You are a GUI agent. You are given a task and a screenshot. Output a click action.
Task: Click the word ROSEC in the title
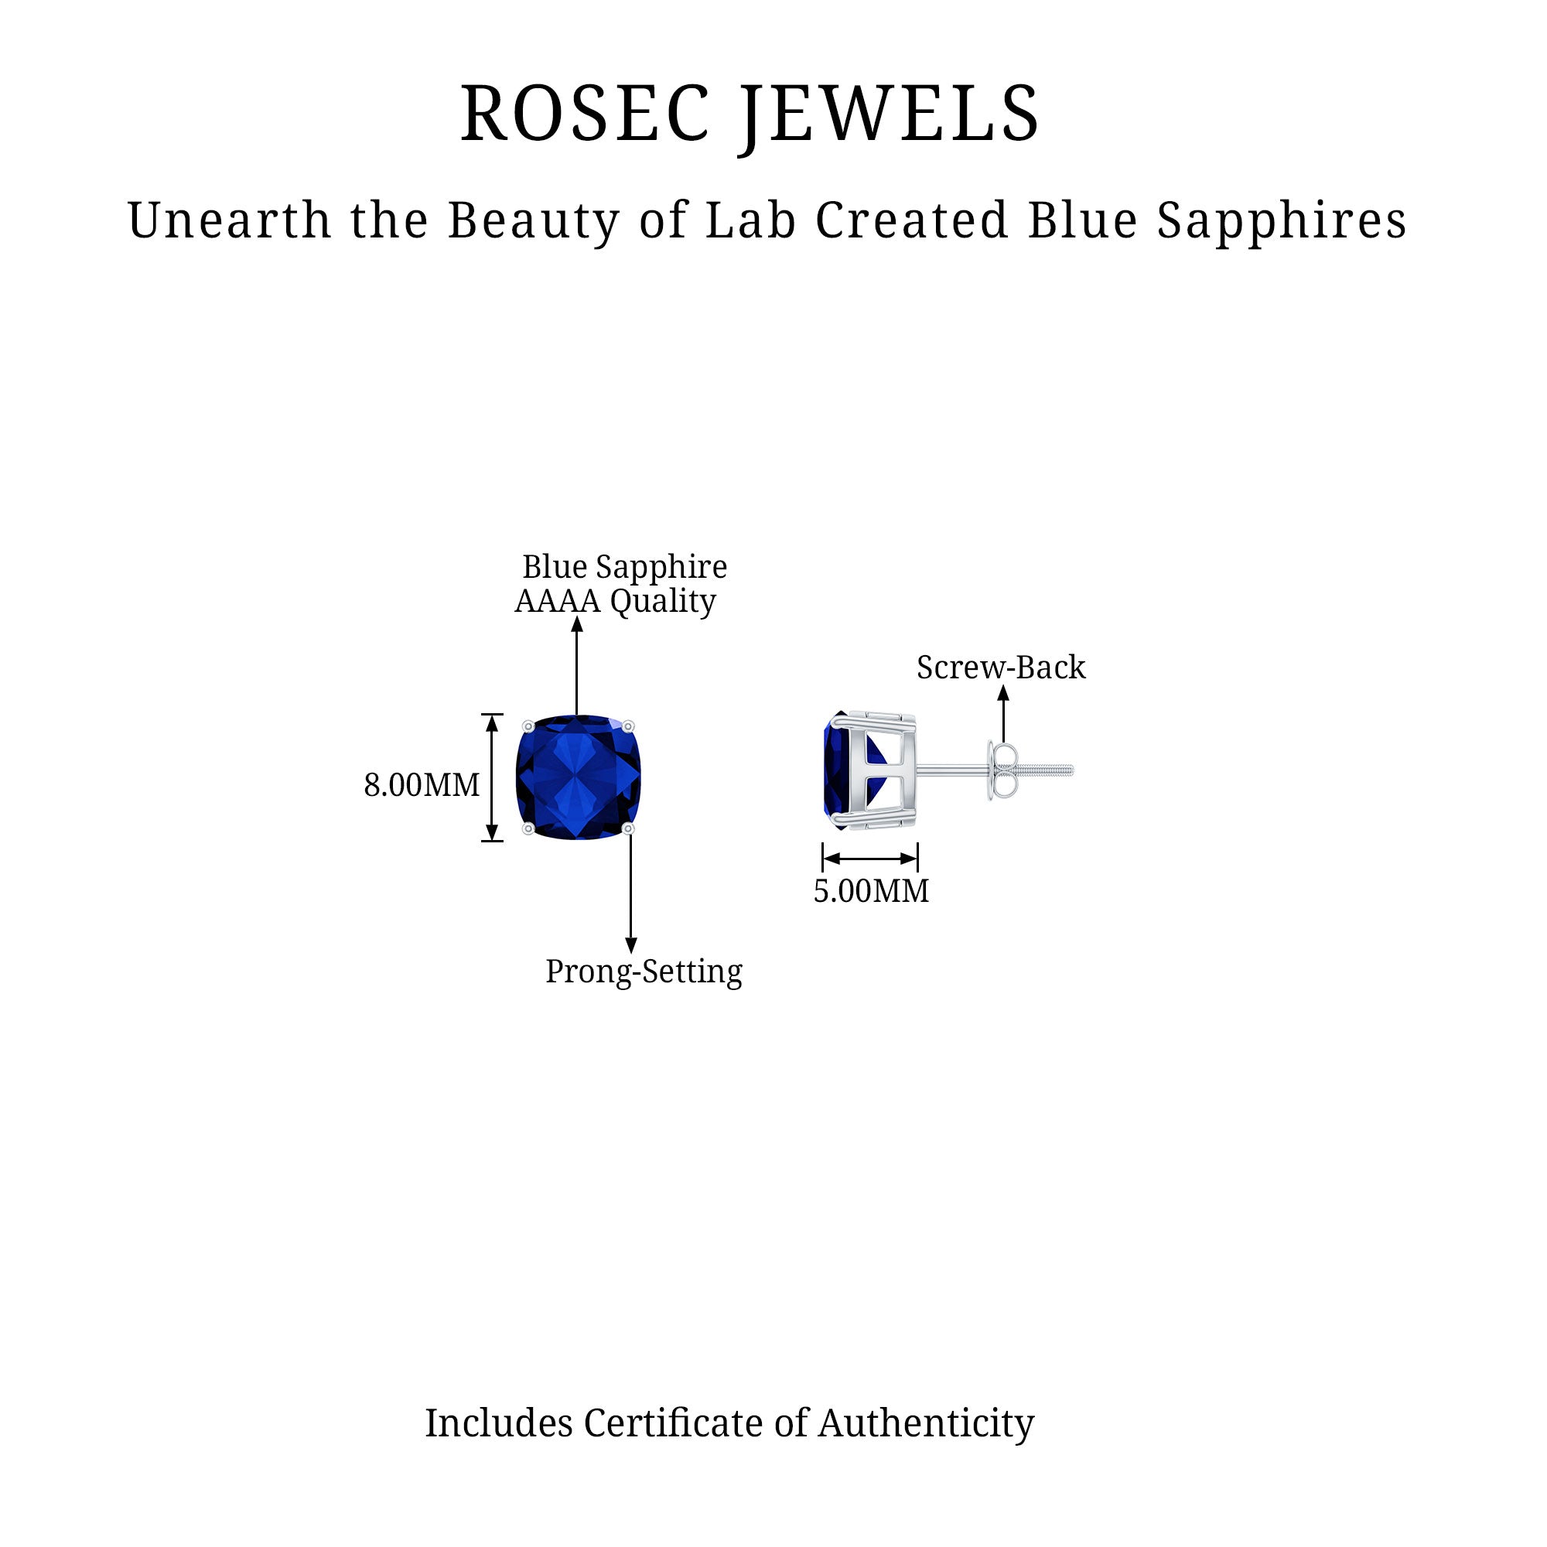[x=585, y=114]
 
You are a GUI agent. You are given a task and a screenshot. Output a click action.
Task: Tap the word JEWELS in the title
[x=890, y=114]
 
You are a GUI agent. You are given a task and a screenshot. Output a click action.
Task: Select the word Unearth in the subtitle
[x=229, y=220]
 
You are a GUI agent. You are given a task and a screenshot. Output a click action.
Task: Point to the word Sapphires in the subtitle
[x=1281, y=222]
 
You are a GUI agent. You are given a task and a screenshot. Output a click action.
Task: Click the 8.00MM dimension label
[x=422, y=784]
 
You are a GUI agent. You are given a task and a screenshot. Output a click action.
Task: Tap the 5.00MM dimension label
[x=871, y=891]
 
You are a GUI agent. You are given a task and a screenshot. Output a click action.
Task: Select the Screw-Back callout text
[x=1001, y=668]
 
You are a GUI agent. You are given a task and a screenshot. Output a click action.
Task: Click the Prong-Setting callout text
[x=644, y=972]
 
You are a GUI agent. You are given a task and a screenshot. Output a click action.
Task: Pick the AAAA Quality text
[x=615, y=600]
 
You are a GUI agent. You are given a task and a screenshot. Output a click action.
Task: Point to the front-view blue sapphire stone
[x=578, y=777]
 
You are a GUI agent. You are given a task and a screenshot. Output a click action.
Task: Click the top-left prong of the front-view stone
[x=528, y=726]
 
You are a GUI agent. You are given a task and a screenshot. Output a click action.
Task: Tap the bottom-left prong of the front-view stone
[x=528, y=828]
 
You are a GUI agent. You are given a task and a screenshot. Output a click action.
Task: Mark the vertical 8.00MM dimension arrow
[x=493, y=777]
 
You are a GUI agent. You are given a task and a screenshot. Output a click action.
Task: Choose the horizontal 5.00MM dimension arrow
[x=870, y=859]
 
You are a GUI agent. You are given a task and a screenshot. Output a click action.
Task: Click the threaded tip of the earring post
[x=1049, y=771]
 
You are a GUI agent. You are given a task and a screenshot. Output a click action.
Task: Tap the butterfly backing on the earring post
[x=1001, y=771]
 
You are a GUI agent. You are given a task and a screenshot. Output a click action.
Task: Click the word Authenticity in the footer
[x=926, y=1424]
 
